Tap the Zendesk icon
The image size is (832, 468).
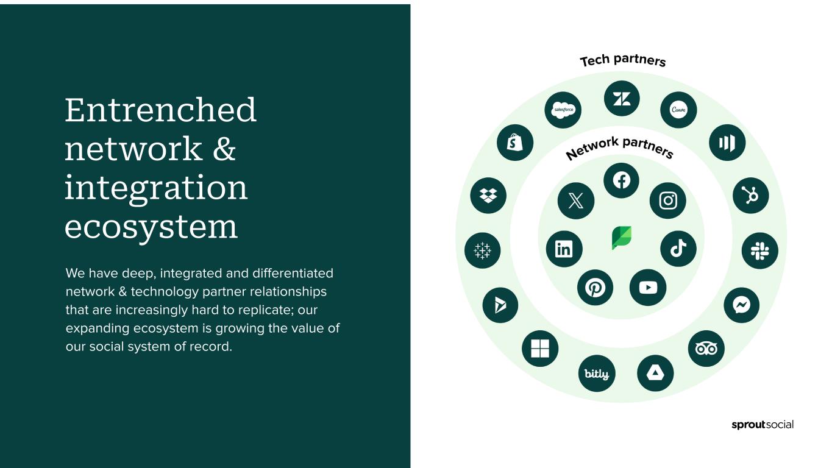[x=622, y=99]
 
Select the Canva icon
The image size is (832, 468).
[x=678, y=110]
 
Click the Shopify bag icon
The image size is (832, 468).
[x=515, y=143]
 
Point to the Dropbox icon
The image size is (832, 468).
[x=488, y=196]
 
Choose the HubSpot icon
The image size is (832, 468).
[x=750, y=196]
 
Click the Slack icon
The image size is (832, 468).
[x=759, y=250]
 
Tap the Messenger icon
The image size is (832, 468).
[x=742, y=305]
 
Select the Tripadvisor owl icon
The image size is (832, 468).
[x=706, y=349]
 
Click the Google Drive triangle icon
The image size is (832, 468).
[x=655, y=374]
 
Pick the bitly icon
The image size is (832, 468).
[x=597, y=374]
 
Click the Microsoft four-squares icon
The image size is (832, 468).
[x=540, y=349]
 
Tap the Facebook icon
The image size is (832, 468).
[x=621, y=180]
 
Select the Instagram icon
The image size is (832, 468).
[x=668, y=200]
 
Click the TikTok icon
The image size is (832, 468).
[x=678, y=249]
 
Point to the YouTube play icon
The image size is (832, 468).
[x=648, y=288]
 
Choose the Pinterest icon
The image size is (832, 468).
[x=595, y=288]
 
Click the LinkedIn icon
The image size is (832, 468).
[x=564, y=249]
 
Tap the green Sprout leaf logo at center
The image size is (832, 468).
[x=622, y=238]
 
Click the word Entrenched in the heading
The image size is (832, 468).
[x=161, y=110]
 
